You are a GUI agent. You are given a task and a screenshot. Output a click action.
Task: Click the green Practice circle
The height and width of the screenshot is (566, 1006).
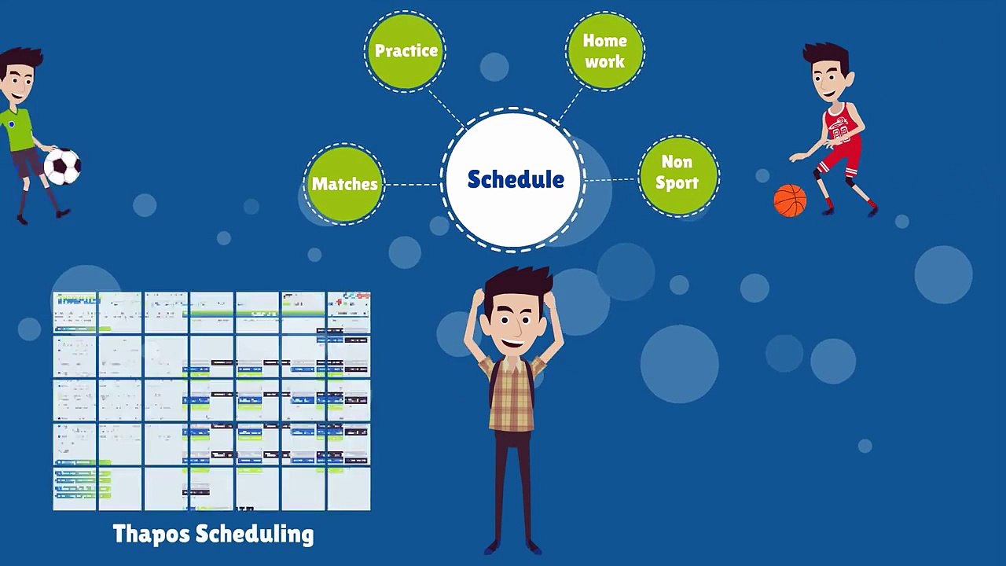406,51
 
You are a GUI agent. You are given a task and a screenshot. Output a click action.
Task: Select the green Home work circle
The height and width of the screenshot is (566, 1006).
604,51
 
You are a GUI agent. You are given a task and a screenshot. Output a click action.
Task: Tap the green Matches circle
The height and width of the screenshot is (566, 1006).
344,184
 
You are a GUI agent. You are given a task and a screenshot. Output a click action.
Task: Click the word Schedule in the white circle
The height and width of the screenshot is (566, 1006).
516,180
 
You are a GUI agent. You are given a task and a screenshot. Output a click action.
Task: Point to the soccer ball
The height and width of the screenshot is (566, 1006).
62,166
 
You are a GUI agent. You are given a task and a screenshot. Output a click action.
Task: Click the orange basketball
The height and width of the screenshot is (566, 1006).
790,200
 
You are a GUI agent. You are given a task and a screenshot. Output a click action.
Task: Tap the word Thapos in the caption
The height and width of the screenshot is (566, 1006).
151,535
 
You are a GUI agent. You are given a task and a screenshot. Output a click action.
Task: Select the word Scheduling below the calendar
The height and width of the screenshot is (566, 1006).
254,535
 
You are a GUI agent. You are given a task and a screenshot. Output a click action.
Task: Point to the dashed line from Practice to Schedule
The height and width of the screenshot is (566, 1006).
446,107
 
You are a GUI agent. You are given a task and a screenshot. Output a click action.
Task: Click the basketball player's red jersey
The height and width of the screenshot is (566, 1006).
840,126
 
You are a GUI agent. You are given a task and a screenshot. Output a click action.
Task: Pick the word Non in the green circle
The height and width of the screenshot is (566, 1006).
677,162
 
